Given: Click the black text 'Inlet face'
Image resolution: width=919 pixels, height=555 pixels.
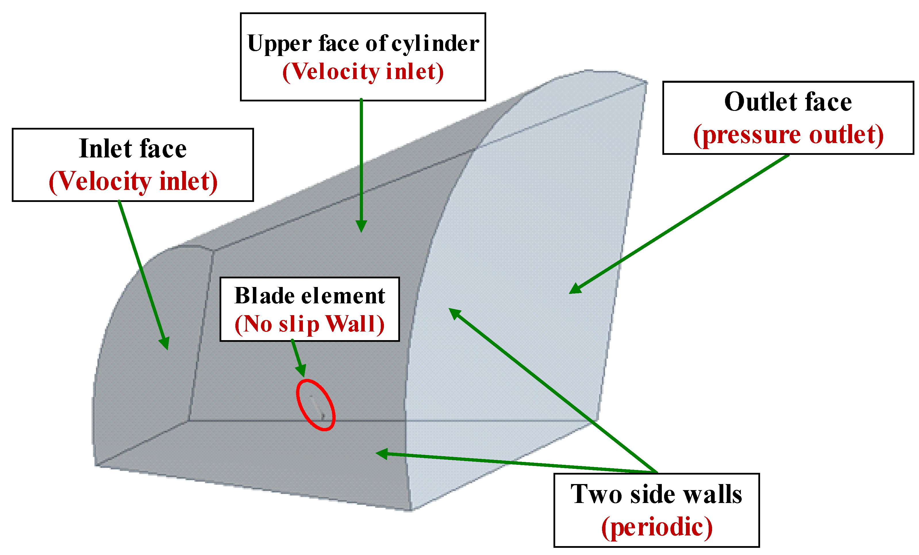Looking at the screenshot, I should pyautogui.click(x=133, y=149).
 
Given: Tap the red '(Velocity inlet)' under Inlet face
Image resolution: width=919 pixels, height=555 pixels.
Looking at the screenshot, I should pyautogui.click(x=133, y=182).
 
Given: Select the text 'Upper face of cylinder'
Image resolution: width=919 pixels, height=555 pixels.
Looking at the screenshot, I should pyautogui.click(x=363, y=44).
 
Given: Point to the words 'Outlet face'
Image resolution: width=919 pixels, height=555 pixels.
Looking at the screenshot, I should pyautogui.click(x=788, y=102).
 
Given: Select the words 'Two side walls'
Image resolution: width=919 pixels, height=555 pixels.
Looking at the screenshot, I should pyautogui.click(x=656, y=494).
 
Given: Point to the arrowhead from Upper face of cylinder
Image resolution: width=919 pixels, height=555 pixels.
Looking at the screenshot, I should pyautogui.click(x=361, y=226).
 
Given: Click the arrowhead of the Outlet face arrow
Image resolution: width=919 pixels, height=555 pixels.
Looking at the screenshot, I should pyautogui.click(x=575, y=289).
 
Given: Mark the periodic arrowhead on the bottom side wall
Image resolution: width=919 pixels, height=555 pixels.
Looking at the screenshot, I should pyautogui.click(x=381, y=453).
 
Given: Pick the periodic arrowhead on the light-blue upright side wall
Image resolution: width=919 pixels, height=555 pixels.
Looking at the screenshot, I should pyautogui.click(x=454, y=313).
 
